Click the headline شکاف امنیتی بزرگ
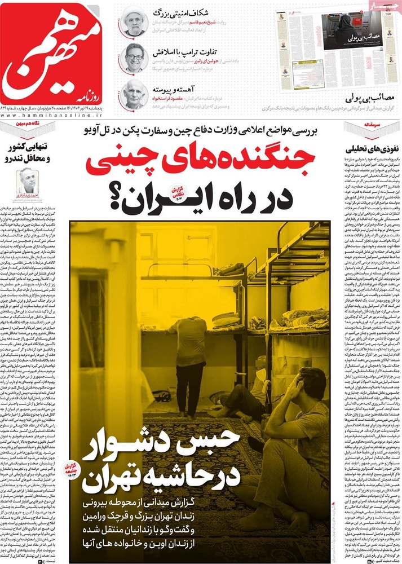tap(178, 14)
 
